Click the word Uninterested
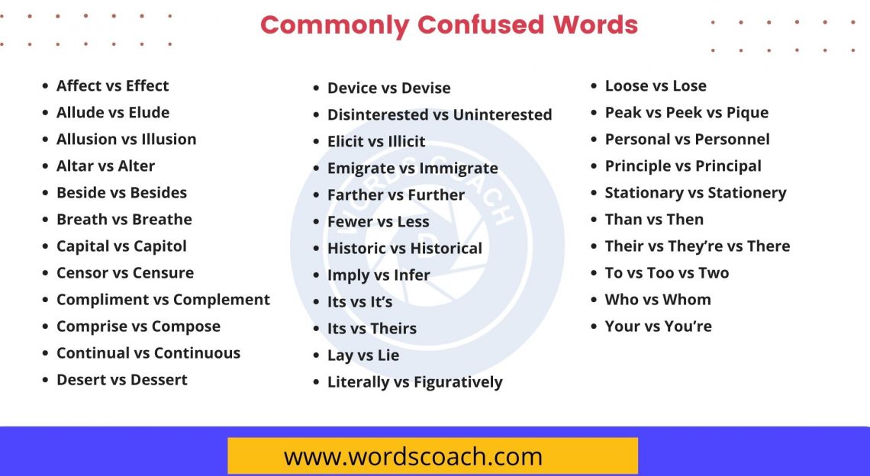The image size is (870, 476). (x=502, y=114)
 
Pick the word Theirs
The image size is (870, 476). (x=394, y=328)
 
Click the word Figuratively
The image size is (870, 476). (x=458, y=381)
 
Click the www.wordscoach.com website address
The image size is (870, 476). (x=413, y=457)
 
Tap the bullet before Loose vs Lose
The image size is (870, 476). (x=594, y=86)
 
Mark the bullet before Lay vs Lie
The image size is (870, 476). (x=317, y=355)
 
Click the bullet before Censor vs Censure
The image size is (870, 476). (x=46, y=273)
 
